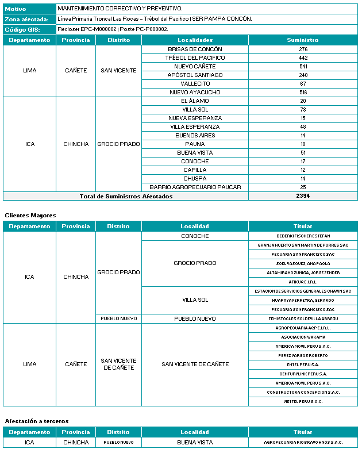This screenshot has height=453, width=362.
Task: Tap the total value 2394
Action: (303, 196)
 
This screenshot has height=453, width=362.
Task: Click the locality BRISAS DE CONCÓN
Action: (195, 49)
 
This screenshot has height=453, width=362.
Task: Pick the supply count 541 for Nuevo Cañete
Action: (303, 67)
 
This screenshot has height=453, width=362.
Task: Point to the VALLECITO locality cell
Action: (195, 84)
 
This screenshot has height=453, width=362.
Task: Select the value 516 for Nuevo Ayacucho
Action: (303, 93)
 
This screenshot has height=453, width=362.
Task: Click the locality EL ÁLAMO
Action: (195, 101)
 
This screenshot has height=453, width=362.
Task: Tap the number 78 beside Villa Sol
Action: (303, 110)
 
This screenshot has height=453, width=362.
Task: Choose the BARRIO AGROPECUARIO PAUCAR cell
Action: (195, 187)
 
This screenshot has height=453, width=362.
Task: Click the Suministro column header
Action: (303, 40)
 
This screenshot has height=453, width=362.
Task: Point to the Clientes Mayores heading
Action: (30, 215)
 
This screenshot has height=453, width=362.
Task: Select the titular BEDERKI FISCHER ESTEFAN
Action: (303, 236)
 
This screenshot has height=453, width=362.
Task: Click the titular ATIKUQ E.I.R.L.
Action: (303, 282)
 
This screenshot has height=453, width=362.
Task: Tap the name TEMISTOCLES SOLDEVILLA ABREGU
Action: (303, 318)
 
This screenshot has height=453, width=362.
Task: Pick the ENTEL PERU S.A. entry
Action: (303, 364)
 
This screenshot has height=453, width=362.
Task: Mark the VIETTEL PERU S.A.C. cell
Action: (303, 401)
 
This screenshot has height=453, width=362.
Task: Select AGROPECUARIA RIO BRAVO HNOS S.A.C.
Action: (303, 443)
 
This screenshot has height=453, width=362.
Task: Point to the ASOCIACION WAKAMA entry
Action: (303, 337)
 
